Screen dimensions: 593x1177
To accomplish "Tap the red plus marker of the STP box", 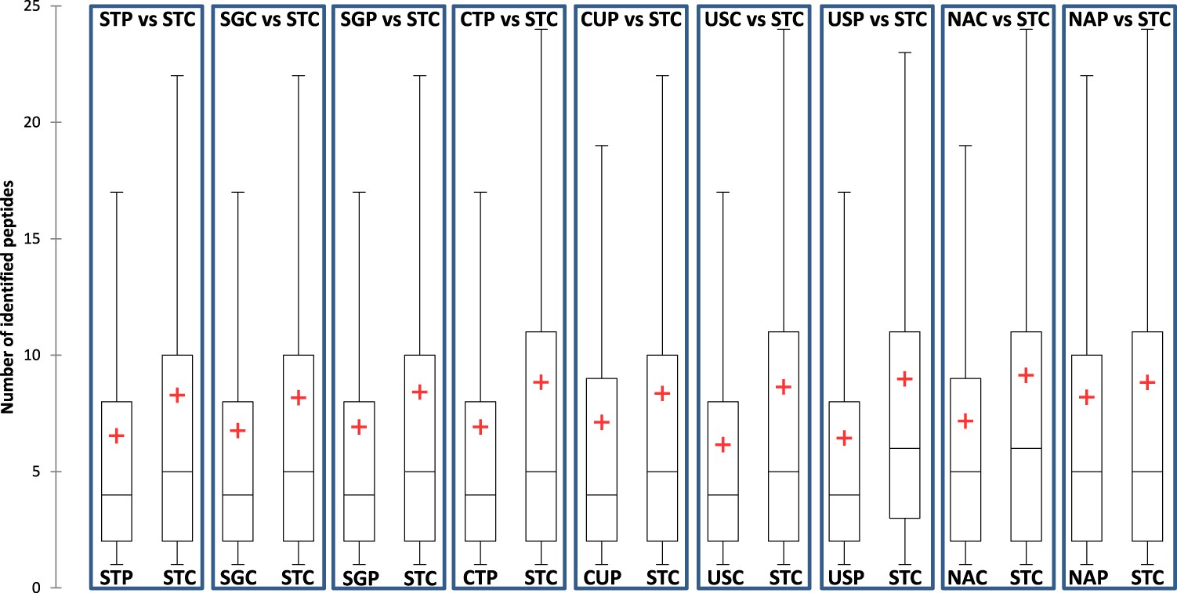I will (116, 436).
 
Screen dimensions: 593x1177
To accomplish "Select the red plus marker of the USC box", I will (722, 445).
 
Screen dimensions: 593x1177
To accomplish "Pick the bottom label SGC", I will (237, 578).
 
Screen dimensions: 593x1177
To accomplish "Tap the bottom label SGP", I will (359, 579).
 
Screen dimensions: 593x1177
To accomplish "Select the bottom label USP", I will (843, 578).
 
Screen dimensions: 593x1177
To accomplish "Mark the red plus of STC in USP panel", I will (904, 379).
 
